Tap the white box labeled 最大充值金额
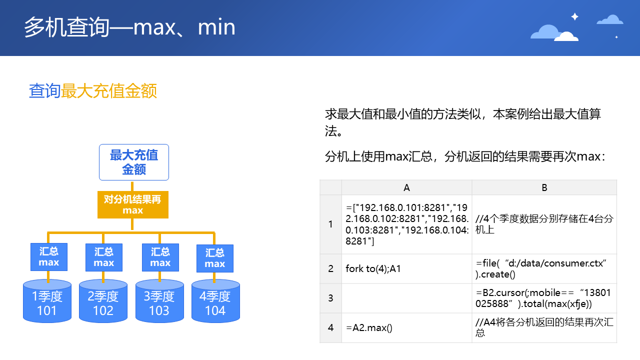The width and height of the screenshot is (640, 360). (x=134, y=162)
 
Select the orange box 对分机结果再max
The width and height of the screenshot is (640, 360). (x=133, y=205)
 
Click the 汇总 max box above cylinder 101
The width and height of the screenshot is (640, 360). (x=48, y=257)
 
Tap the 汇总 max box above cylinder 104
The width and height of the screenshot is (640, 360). (x=214, y=258)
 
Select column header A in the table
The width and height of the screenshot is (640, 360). (x=406, y=187)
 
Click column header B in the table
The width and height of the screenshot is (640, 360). (x=544, y=187)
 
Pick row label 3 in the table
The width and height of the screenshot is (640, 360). (x=330, y=298)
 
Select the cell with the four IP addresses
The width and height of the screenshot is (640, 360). (x=406, y=224)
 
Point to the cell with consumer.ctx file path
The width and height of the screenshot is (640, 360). (x=544, y=268)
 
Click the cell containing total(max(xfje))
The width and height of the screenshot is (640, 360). (x=544, y=298)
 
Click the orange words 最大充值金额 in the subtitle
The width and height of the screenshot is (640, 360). (x=109, y=91)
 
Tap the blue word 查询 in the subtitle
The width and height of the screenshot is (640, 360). (x=44, y=91)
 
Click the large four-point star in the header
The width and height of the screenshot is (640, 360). (x=574, y=16)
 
